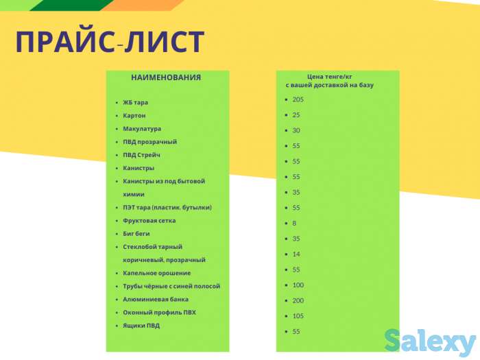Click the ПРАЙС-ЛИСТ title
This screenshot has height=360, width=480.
point(110,43)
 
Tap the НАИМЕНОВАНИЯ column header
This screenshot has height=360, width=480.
point(166,77)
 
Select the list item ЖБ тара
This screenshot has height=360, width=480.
point(135,102)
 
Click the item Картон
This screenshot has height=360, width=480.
point(134,115)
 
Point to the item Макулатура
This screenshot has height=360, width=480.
point(142,128)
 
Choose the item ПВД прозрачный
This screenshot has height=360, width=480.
point(149,141)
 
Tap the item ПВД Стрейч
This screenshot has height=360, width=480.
point(141,155)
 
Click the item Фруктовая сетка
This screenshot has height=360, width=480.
point(149,220)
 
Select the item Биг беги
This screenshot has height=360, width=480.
point(136,233)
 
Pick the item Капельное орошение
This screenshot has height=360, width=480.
point(156,273)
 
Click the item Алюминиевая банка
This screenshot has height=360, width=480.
point(156,299)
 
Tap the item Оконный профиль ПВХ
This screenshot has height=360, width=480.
point(159,312)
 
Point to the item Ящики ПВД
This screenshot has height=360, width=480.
point(141,325)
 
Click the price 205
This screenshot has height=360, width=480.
point(298,99)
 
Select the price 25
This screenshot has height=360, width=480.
point(296,115)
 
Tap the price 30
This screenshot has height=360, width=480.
point(296,130)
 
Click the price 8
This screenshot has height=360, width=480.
point(294,223)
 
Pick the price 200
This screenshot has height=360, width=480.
point(298,300)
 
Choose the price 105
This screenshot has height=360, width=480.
point(298,316)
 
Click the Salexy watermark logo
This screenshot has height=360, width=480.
point(429,341)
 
